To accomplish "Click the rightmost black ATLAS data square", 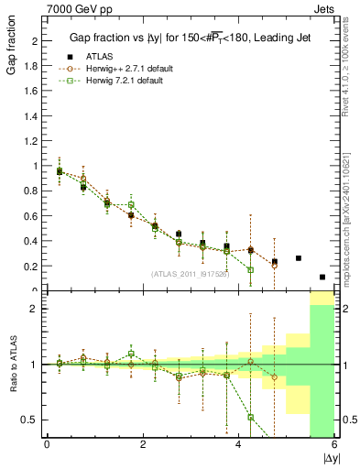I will click(x=322, y=277).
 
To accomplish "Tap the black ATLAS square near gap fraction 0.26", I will click(x=299, y=258).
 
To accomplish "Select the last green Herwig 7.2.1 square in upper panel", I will click(x=250, y=270).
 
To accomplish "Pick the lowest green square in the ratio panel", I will click(x=250, y=417).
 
